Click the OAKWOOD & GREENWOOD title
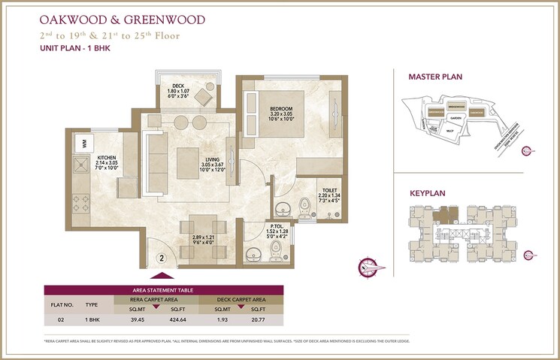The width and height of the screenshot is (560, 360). point(113,17)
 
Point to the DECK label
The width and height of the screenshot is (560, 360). point(178,86)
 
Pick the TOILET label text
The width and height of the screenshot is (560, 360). point(330,191)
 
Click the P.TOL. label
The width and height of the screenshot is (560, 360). point(275,225)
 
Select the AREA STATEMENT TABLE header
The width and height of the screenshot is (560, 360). point(164,289)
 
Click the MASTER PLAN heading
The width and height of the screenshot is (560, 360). point(434,77)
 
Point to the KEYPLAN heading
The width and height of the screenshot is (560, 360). point(427,193)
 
